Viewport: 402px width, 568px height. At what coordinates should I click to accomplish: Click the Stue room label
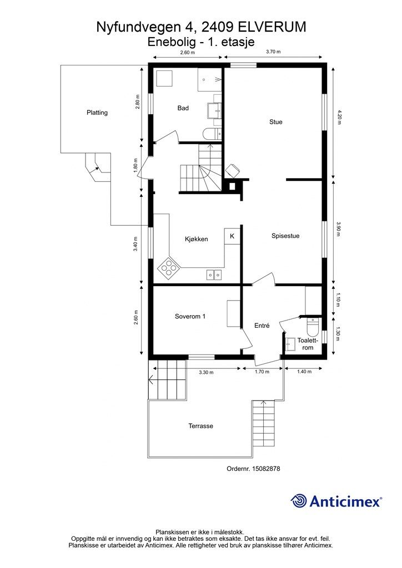pyautogui.click(x=275, y=122)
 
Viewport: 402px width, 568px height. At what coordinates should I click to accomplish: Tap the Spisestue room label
pyautogui.click(x=285, y=236)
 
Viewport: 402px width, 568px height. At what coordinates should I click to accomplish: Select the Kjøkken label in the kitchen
pyautogui.click(x=197, y=239)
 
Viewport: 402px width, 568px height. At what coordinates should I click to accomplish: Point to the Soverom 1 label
pyautogui.click(x=190, y=316)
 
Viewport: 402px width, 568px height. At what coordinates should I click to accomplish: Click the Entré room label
pyautogui.click(x=262, y=326)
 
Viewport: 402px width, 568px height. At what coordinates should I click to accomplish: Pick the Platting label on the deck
pyautogui.click(x=97, y=113)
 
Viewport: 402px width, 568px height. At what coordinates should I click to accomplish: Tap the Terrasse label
pyautogui.click(x=201, y=426)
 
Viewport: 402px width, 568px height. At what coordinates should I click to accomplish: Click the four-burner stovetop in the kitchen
pyautogui.click(x=169, y=268)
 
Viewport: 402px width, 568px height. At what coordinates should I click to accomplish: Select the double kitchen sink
pyautogui.click(x=214, y=275)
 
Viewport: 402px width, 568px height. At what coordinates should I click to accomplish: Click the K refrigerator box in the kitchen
pyautogui.click(x=232, y=236)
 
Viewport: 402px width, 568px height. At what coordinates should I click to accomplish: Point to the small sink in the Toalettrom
pyautogui.click(x=290, y=343)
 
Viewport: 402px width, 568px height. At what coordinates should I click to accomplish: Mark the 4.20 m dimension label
pyautogui.click(x=339, y=117)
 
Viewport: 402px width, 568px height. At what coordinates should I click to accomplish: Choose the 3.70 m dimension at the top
pyautogui.click(x=273, y=52)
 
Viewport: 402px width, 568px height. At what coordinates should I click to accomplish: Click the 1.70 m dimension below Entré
pyautogui.click(x=262, y=372)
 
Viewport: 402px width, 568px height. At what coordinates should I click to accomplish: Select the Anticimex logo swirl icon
pyautogui.click(x=299, y=501)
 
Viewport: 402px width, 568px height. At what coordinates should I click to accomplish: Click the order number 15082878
pyautogui.click(x=266, y=468)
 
